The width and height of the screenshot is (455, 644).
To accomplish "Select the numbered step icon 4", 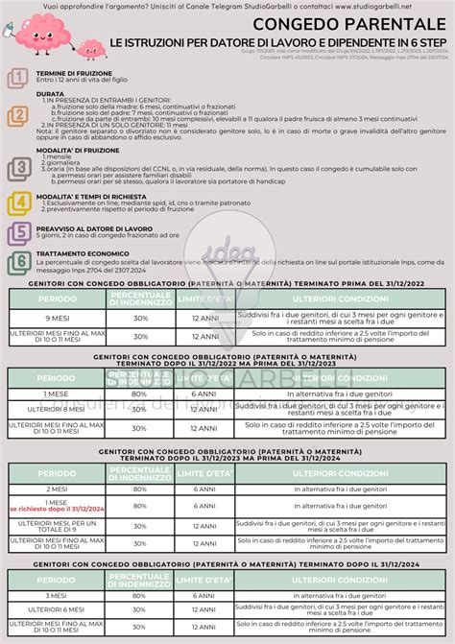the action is coord(17,202).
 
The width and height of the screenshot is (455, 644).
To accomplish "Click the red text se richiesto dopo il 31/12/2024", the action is coord(55,509).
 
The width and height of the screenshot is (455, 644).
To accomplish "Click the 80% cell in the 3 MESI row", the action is coord(140,595).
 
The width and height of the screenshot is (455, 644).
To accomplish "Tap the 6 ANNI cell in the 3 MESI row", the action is coord(204,595).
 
